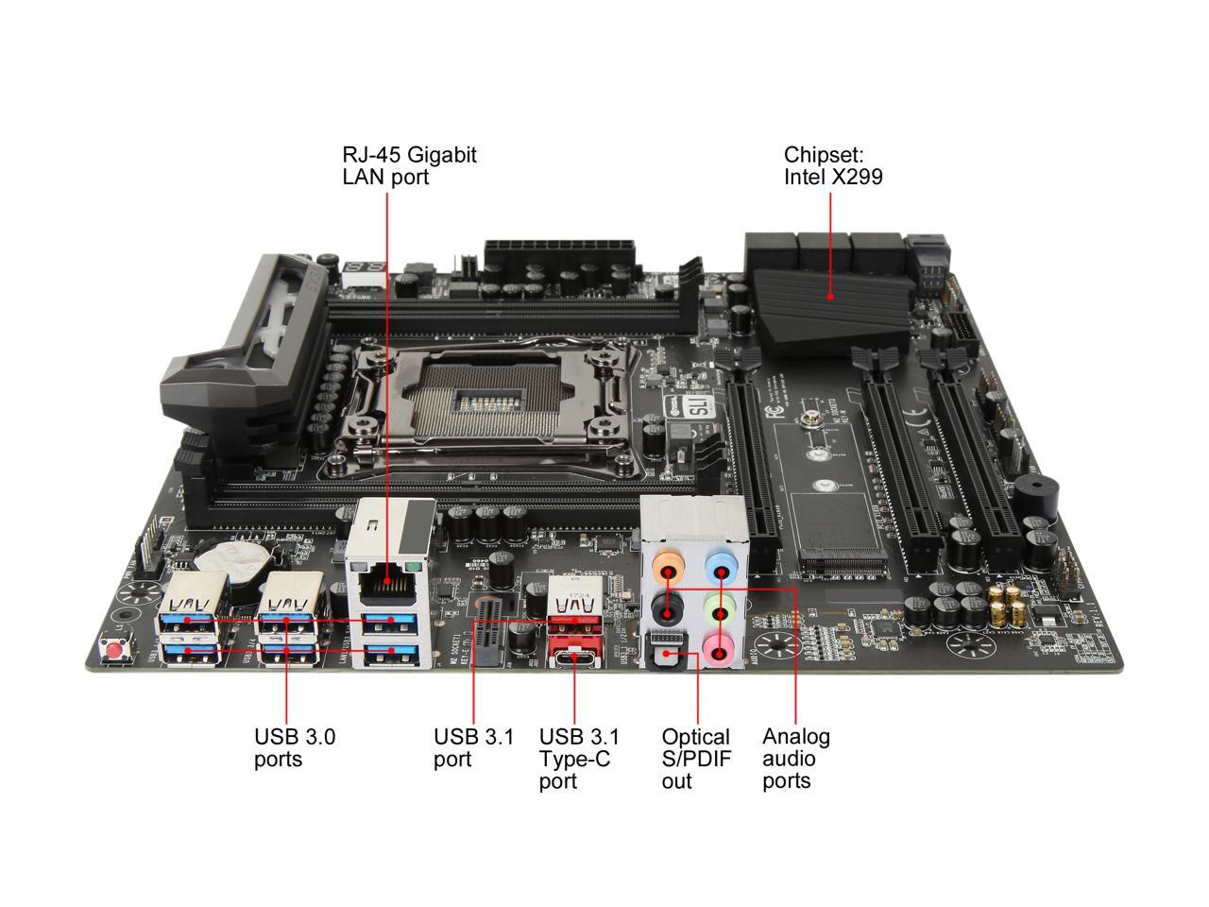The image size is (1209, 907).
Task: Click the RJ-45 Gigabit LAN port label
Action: pyautogui.click(x=408, y=165)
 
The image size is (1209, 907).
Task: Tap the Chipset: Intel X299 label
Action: pyautogui.click(x=832, y=165)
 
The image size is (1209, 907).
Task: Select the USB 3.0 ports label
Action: pyautogui.click(x=294, y=747)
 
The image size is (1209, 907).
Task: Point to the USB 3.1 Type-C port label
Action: pyautogui.click(x=578, y=759)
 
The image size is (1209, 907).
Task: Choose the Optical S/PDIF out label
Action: pyautogui.click(x=696, y=759)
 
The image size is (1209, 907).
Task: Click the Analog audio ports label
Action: pyautogui.click(x=795, y=759)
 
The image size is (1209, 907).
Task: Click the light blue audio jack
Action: pyautogui.click(x=721, y=571)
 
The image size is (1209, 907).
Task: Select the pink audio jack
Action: pyautogui.click(x=720, y=649)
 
